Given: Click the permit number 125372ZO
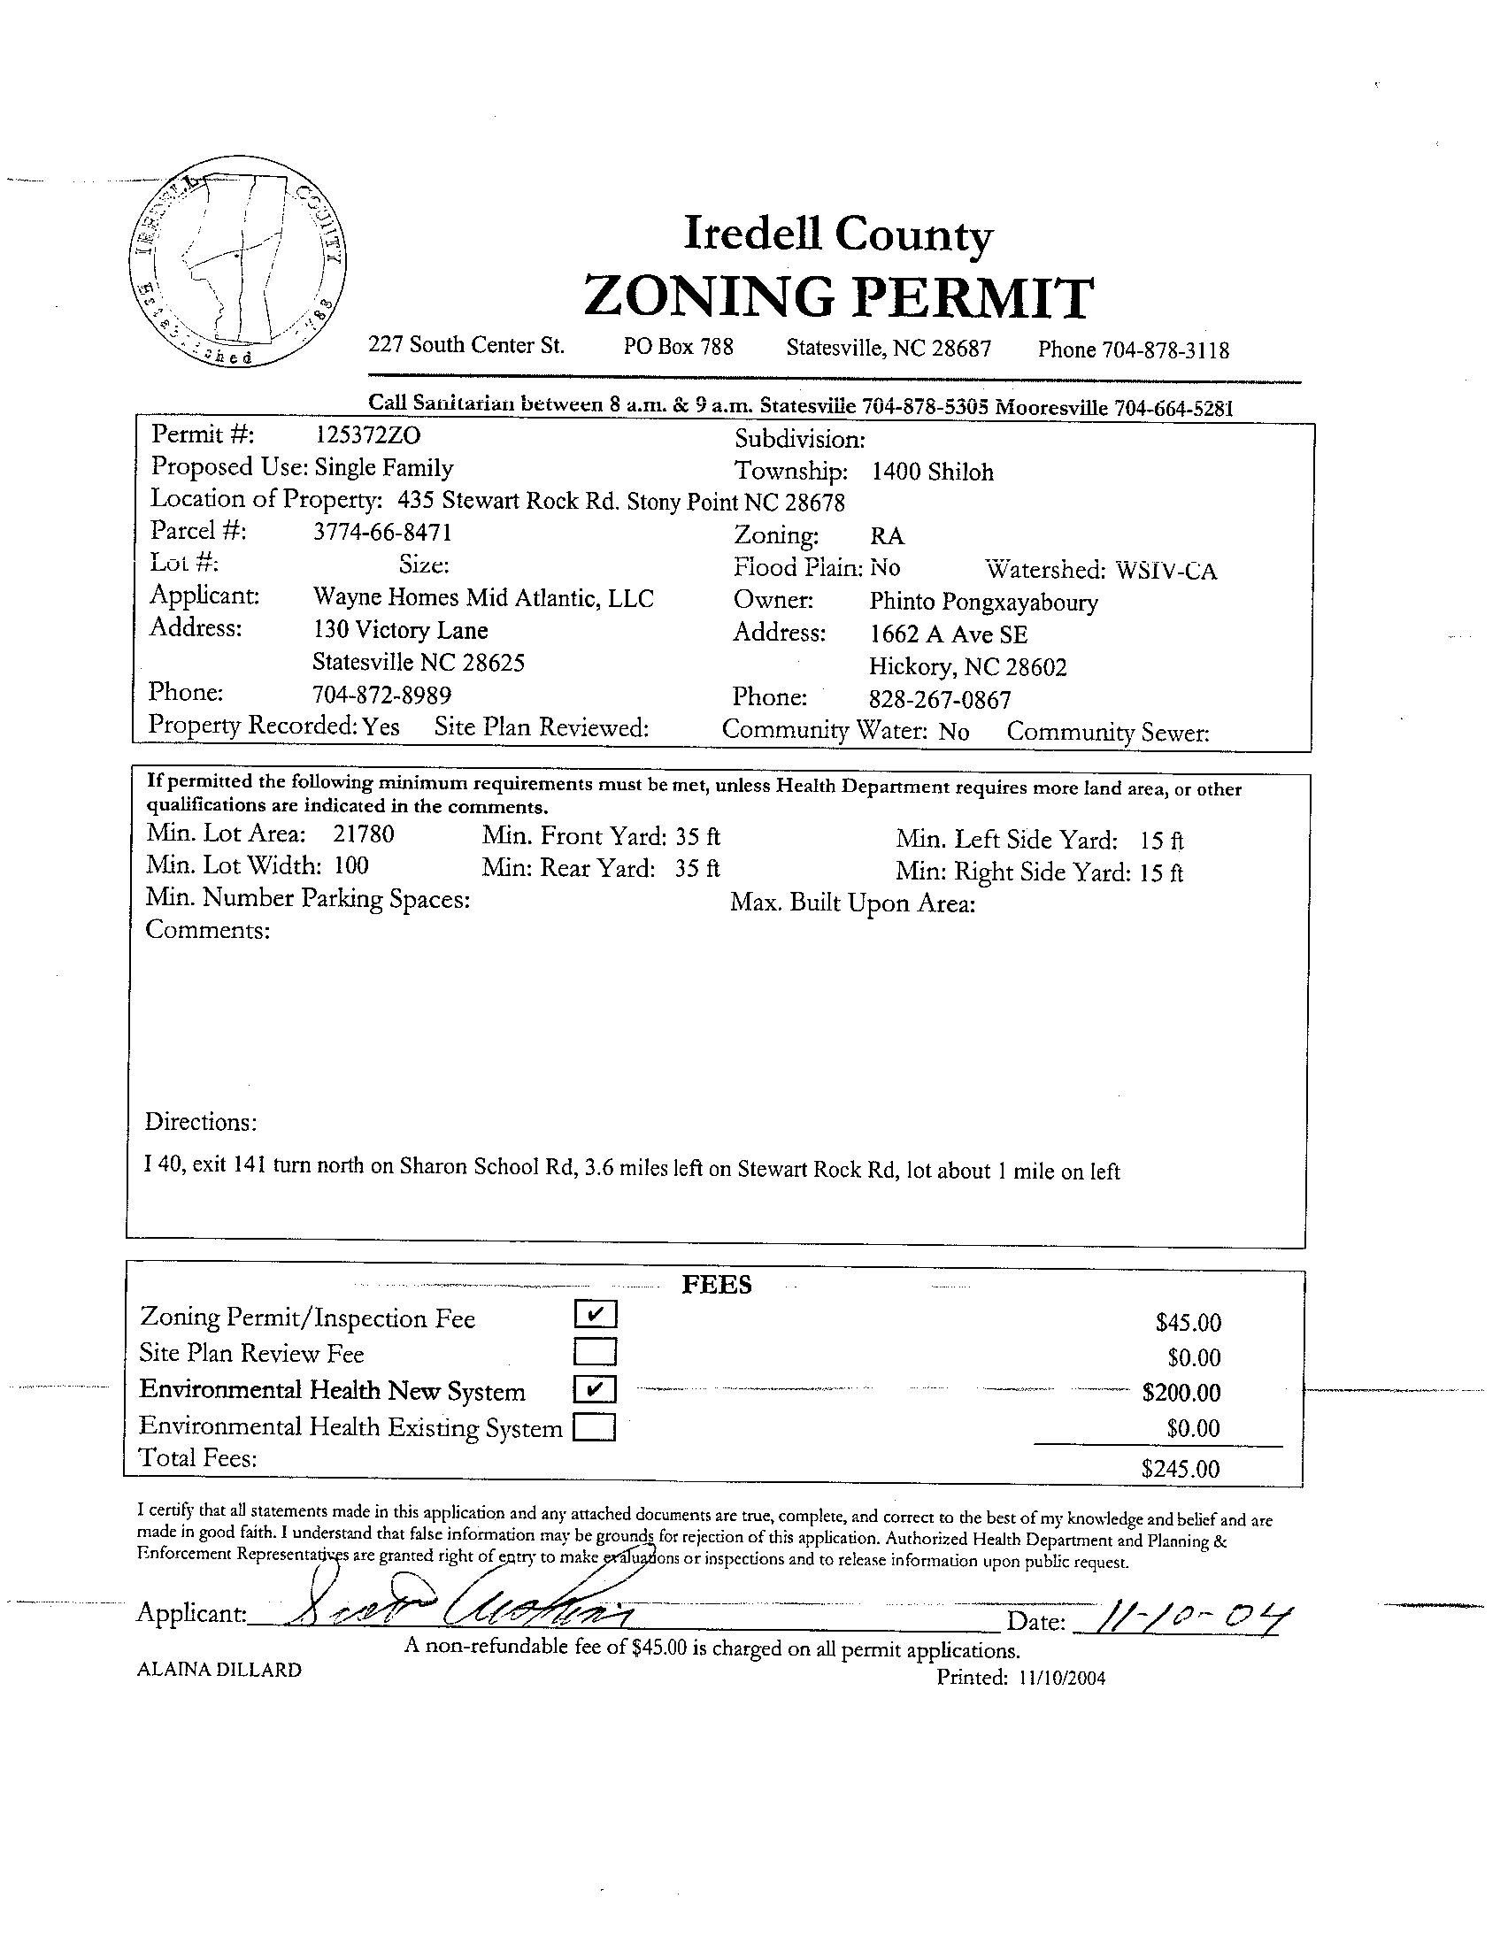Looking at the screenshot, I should (x=366, y=434).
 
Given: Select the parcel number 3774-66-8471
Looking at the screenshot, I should (x=382, y=533).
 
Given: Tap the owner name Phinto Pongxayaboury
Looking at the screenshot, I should (x=983, y=602).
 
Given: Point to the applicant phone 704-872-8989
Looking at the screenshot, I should (x=381, y=695).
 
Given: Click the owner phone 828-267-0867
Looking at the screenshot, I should (x=939, y=700).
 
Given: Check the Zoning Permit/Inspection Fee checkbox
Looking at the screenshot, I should (x=596, y=1314).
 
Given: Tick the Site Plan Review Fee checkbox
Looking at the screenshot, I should (x=596, y=1352).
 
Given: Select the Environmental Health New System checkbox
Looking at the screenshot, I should (x=596, y=1389).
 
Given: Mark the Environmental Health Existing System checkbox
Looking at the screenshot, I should (x=595, y=1428).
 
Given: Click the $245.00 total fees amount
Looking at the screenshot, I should (x=1180, y=1469).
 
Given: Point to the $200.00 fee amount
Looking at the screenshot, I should (x=1181, y=1392).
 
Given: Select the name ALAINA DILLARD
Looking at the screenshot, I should (x=219, y=1670).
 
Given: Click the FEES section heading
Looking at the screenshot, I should (x=716, y=1285).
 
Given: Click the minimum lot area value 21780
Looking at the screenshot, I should (x=363, y=834).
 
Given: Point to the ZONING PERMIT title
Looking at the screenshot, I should (x=838, y=296).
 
